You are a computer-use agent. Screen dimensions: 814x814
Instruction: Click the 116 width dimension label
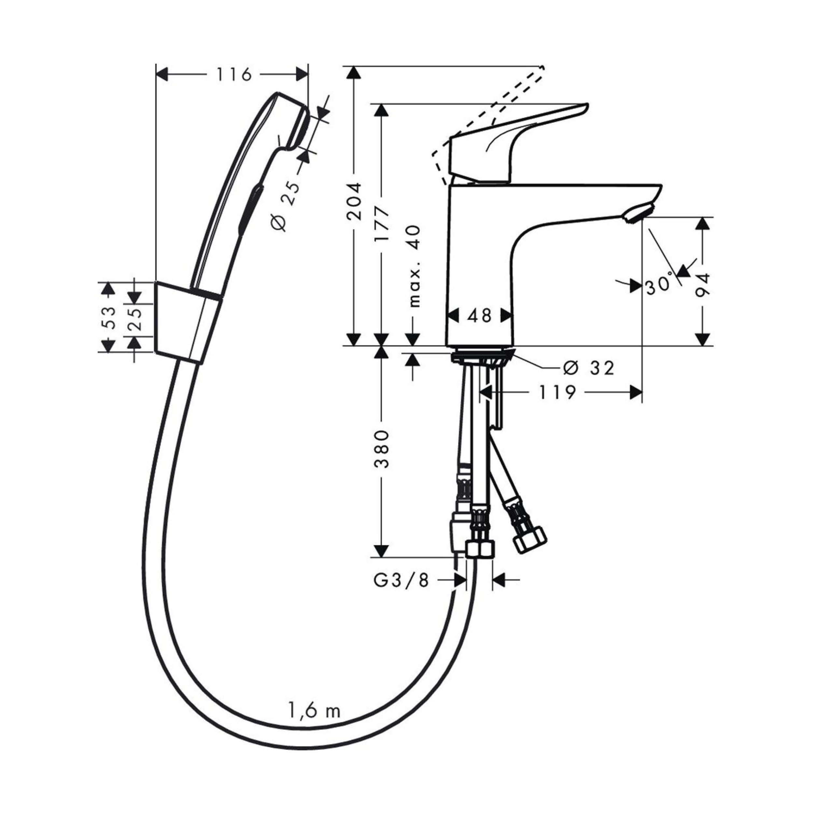coord(234,75)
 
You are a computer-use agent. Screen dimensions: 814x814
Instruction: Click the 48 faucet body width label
coord(480,315)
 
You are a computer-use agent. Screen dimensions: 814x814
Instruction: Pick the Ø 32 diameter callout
coord(589,368)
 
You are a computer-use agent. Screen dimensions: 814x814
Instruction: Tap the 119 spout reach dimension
coord(557,393)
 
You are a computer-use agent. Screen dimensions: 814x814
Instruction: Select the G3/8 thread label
coord(401,581)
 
